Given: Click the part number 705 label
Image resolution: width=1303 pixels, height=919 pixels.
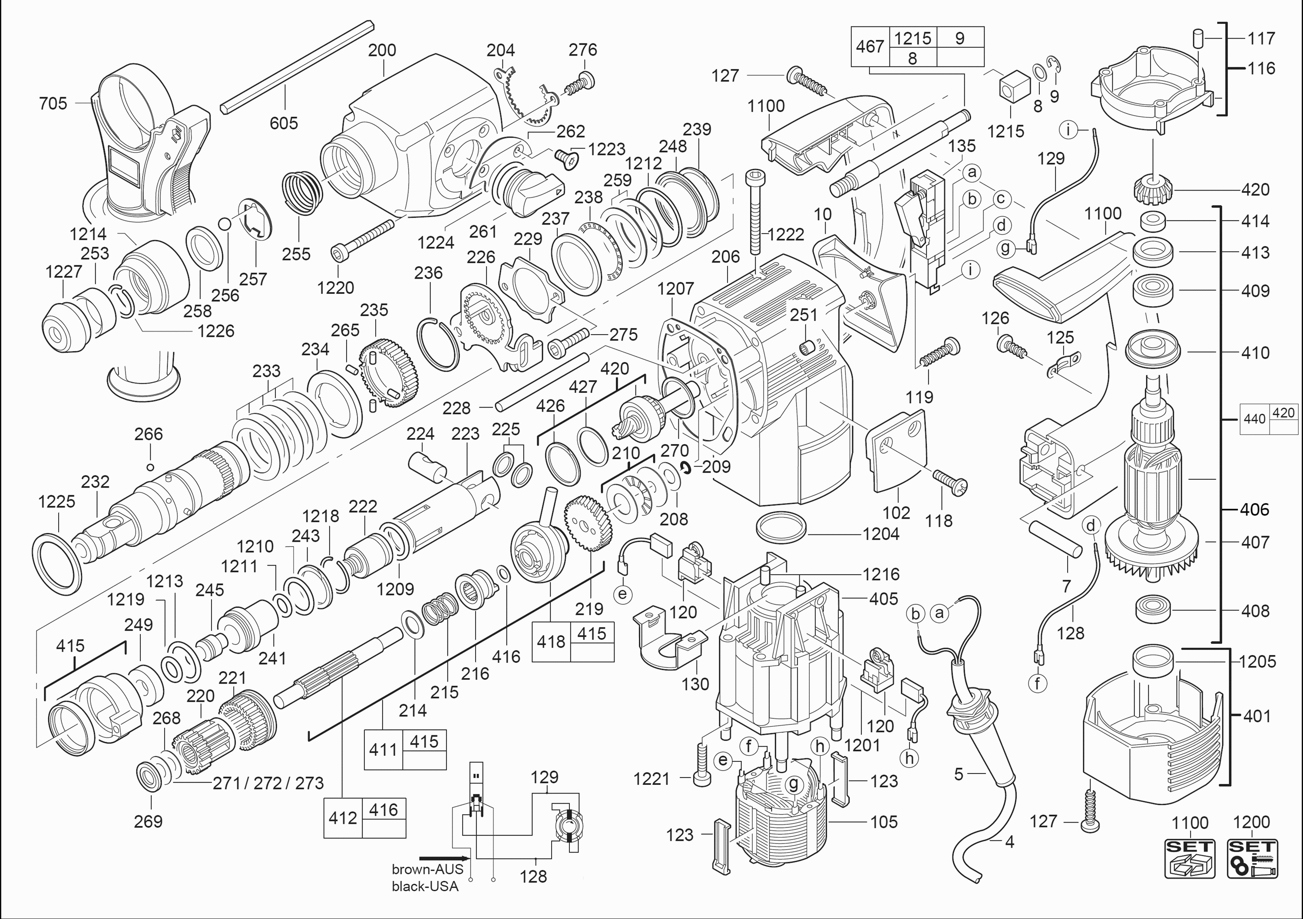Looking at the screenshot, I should [x=53, y=104].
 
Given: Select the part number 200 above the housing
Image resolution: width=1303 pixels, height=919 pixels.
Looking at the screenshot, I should [x=382, y=50].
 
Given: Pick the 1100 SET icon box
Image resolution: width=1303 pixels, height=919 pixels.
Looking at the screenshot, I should [x=1190, y=858].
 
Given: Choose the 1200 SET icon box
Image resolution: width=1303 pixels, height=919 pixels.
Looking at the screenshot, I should [x=1252, y=858].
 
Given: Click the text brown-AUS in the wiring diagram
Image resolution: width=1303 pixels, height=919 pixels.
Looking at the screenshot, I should [x=427, y=869].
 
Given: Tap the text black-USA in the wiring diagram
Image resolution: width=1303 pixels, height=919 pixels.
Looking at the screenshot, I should [x=425, y=886].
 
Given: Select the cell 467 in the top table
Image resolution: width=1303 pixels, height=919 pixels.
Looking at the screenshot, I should [x=870, y=46].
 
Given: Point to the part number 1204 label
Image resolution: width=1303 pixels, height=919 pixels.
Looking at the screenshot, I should [x=881, y=534].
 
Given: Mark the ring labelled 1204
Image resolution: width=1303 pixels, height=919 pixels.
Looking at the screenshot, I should [x=781, y=529].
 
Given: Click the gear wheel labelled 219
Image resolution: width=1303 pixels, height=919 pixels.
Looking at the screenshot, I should [x=589, y=523].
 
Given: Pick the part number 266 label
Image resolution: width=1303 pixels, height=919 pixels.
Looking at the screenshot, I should [x=149, y=435].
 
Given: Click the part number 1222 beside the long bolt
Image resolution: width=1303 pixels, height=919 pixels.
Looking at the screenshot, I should [x=786, y=234].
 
